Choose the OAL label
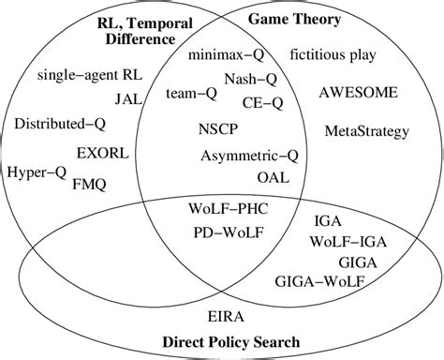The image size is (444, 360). tap(273, 176)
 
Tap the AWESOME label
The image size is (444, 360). tap(358, 93)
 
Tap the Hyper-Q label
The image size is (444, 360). tap(34, 172)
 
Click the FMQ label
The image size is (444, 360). tap(89, 185)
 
